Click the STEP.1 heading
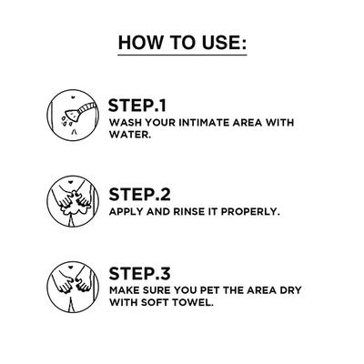pos(137,106)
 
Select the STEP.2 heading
pos(139,195)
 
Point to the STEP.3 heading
pos(139,273)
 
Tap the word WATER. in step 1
pos(130,135)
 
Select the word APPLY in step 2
pos(126,211)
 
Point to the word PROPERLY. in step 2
pos(250,211)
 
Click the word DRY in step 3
pos(291,290)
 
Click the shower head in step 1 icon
pos(72,115)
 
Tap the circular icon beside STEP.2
pos(73,201)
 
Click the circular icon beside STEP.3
pos(73,287)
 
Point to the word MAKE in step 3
pos(124,290)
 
